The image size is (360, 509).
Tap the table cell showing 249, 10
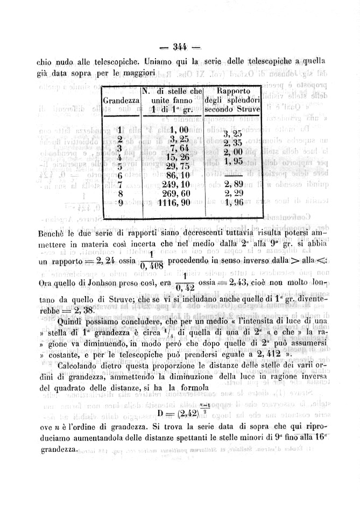173,185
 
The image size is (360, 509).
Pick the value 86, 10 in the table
174,176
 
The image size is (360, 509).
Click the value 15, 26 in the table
174,157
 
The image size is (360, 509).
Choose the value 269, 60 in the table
173,193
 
